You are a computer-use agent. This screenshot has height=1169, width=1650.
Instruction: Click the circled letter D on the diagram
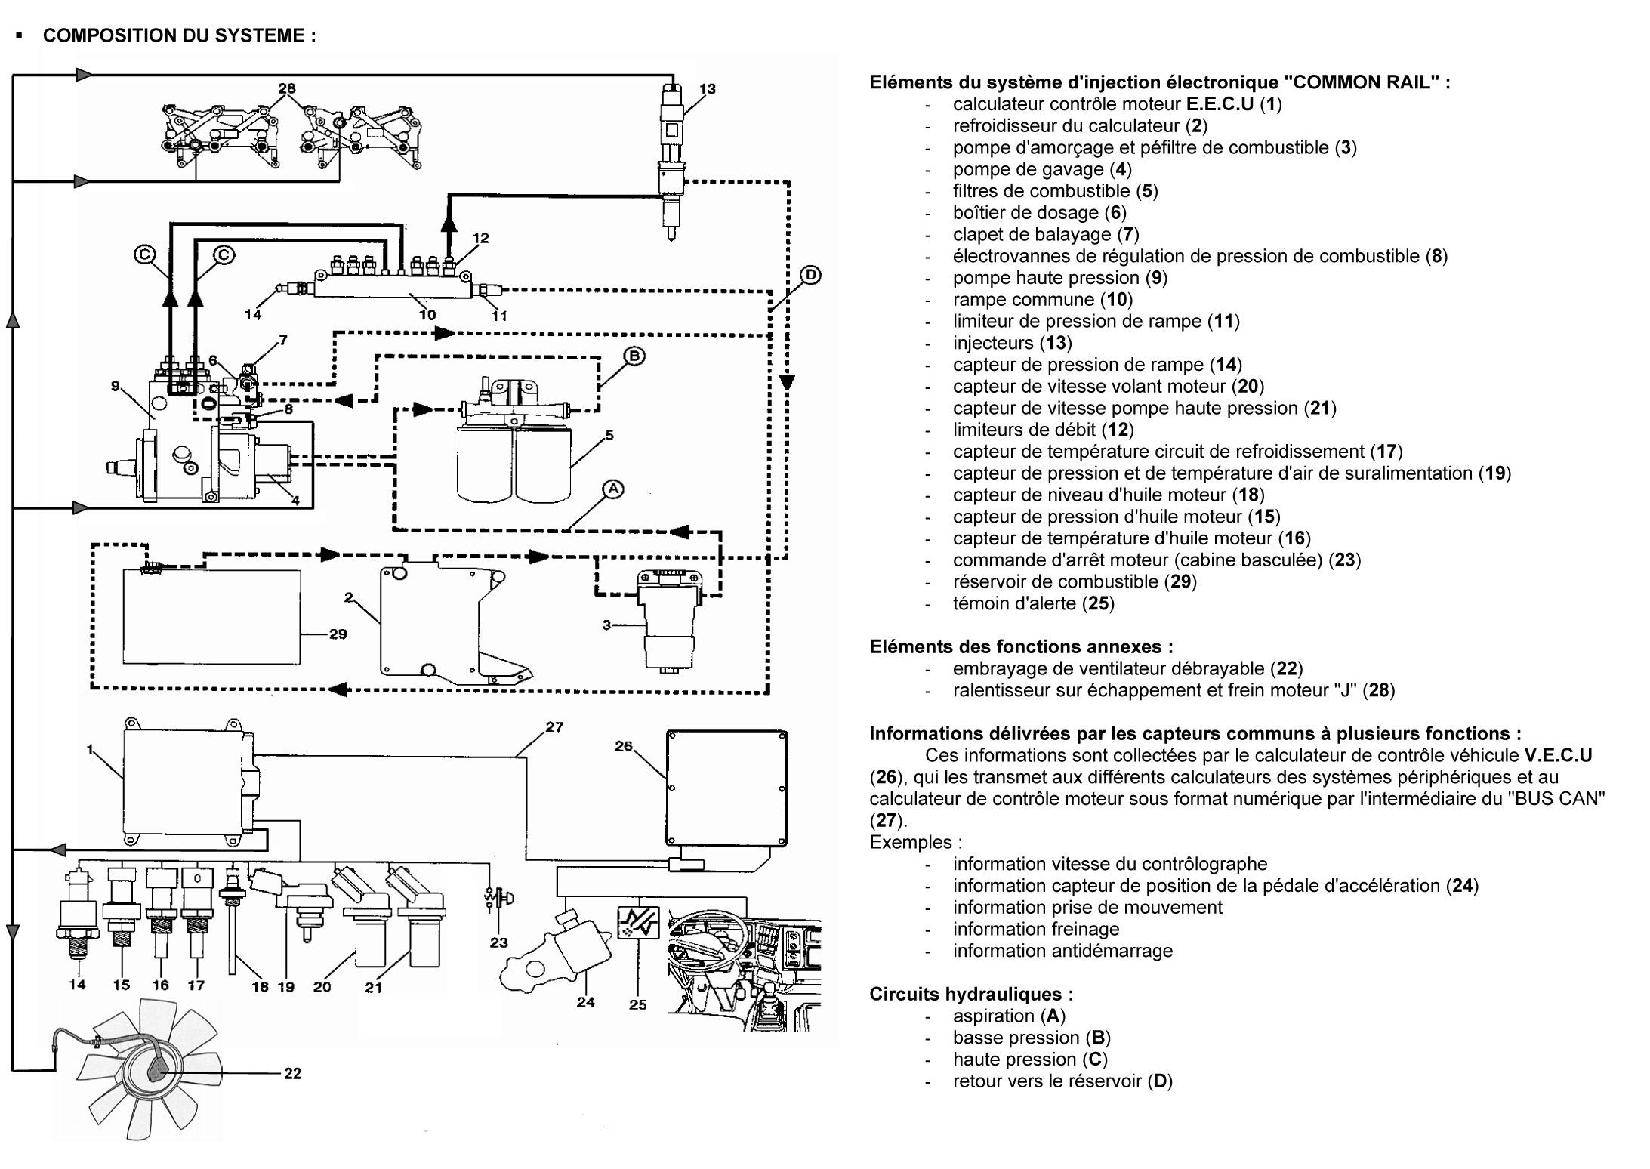coord(810,275)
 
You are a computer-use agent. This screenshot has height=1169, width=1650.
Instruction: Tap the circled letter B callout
coord(634,356)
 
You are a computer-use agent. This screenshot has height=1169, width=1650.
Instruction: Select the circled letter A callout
coord(613,489)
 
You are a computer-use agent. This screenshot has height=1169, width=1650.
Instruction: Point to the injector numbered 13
coord(671,162)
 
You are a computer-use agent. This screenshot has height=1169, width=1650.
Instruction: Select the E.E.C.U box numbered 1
coord(185,782)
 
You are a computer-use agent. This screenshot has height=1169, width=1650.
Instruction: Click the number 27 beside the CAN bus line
coord(554,726)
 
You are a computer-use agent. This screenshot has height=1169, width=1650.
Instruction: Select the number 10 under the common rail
coord(427,314)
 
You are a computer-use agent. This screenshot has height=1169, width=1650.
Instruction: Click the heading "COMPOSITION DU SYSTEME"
coord(179,35)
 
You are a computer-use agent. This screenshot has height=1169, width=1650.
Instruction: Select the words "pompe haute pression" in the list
coord(1045,278)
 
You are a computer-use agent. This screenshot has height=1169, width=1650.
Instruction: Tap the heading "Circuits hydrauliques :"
coord(971,994)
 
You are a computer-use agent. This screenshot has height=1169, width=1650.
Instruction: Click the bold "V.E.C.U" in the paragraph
coord(1558,755)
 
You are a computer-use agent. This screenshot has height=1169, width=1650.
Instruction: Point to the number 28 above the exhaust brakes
coord(287,88)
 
